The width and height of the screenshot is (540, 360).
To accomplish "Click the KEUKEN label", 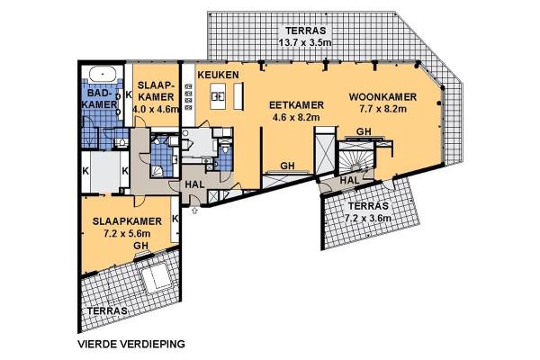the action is coord(218,75).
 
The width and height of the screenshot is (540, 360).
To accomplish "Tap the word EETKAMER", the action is coord(296,105).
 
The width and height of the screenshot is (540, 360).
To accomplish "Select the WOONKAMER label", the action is coord(382,97).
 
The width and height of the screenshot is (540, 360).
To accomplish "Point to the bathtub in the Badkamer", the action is coord(102,74).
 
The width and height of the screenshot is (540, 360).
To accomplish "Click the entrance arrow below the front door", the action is coord(194,210).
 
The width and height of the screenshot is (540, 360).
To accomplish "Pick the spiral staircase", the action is coord(355,158).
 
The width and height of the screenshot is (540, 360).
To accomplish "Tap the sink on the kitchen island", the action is coord(217,96).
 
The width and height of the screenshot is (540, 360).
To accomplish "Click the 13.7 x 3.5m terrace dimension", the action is coord(305,43).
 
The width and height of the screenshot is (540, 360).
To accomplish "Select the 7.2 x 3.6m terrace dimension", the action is coord(368,219).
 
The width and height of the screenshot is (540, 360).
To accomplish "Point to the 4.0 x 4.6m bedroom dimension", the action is coord(156,109).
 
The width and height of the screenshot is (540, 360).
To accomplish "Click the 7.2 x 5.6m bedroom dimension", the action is coord(127,233).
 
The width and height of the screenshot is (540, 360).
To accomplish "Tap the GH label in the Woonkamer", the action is coord(364,131).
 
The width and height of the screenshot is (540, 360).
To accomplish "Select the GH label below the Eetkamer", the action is coord(288,166).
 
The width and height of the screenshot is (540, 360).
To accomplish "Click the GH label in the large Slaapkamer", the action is coord(141,246).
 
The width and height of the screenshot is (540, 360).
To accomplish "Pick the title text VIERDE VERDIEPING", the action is coord(131,344).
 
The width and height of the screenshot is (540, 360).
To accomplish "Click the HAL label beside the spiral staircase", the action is coord(349,180).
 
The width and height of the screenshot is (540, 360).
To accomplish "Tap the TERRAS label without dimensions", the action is coord(107,310).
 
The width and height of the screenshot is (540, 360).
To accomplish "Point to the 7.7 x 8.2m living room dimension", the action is coord(383,109).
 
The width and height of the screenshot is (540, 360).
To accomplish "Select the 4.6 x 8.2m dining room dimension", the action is coord(296,118).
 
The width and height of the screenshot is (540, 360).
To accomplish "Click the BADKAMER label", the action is coord(100,98).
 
